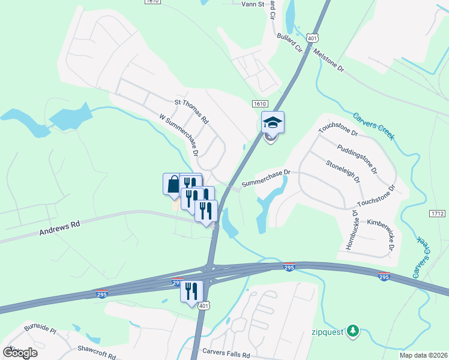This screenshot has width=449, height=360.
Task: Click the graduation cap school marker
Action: coord(273,123)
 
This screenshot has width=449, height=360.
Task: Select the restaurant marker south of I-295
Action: coord(191,292)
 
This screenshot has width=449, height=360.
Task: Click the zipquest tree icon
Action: coord(354,330)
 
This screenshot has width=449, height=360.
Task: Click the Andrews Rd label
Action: coord(60,227)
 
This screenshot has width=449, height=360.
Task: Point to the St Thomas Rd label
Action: coord(191,112)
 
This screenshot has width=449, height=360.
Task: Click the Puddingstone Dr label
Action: coord(357,158)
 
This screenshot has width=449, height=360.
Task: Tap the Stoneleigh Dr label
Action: coord(343,171)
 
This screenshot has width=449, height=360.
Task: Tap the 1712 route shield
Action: coord(437,214)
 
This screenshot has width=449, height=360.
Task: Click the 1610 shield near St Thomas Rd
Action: coord(259,104)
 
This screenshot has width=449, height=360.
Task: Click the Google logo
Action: coord(20,352)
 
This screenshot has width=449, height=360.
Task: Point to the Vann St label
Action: coord(253,4)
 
